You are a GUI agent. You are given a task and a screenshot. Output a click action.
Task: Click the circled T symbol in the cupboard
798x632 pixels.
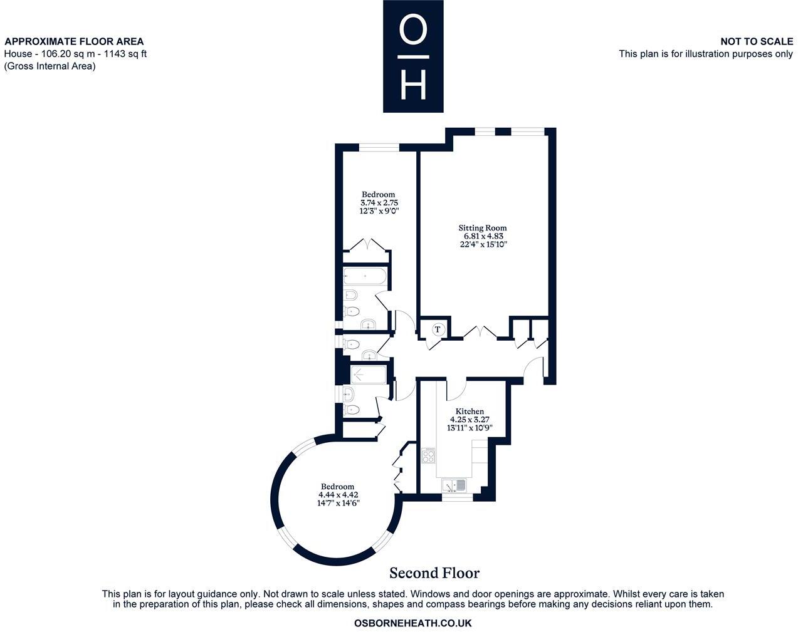pos(438,329)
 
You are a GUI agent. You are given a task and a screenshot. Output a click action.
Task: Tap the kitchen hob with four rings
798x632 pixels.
pos(429,455)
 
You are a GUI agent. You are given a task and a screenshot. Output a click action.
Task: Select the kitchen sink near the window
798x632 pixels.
pos(453,485)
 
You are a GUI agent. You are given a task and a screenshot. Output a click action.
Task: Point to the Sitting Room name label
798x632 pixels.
pos(482,228)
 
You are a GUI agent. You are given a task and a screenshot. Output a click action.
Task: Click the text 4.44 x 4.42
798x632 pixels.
pos(338,495)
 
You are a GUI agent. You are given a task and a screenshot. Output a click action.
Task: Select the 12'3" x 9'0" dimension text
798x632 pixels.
pos(379,211)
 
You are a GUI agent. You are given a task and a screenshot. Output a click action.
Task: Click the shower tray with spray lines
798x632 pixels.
pos(369,375)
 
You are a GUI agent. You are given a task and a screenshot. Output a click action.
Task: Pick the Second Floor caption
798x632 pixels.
pos(434,573)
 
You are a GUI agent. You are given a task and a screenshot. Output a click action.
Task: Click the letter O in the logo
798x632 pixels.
pos(413,31)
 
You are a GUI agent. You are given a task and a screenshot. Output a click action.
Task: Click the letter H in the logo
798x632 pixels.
pos(413,84)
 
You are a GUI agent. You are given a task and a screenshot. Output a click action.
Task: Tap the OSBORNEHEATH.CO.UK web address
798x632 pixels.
pos(412,623)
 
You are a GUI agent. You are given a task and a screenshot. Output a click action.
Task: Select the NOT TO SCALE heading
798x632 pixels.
pos(756,41)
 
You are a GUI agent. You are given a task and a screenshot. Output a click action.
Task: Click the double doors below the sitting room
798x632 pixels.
pos(481,332)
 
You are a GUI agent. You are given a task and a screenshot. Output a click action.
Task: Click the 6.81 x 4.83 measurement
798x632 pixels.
pos(482,236)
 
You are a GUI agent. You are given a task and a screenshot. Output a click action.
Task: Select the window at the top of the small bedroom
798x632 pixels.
pos(379,148)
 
